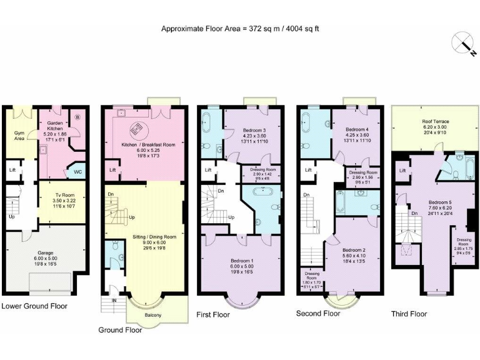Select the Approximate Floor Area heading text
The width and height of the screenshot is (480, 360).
pyautogui.click(x=241, y=29)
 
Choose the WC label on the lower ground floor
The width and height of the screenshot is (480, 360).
pyautogui.click(x=79, y=171)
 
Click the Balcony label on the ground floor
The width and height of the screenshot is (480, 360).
pyautogui.click(x=153, y=315)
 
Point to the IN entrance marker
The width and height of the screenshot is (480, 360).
pyautogui.click(x=114, y=301)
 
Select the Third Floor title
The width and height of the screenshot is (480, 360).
pyautogui.click(x=409, y=313)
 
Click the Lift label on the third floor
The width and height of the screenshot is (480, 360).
pyautogui.click(x=402, y=170)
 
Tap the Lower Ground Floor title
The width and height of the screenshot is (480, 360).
pyautogui.click(x=34, y=306)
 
